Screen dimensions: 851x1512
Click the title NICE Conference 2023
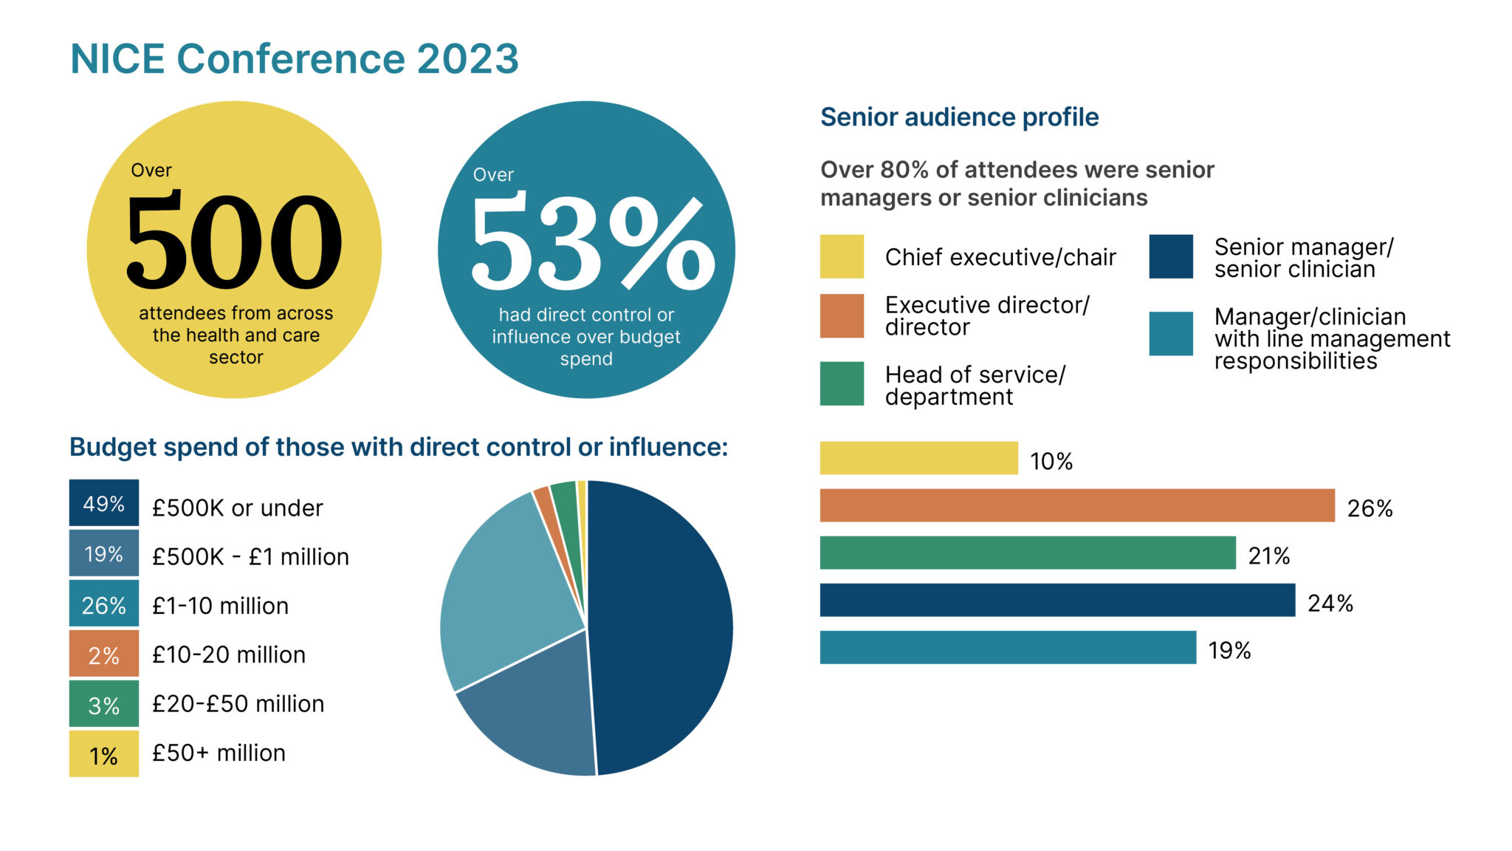(x=294, y=59)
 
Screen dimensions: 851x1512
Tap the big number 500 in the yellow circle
(x=234, y=241)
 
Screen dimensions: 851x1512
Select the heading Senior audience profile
(x=959, y=117)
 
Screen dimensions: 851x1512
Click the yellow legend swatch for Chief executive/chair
(x=842, y=256)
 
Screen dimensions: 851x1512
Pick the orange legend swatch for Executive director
(x=842, y=315)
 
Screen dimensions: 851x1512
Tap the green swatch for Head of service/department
(x=842, y=383)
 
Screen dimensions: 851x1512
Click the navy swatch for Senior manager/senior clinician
(x=1170, y=256)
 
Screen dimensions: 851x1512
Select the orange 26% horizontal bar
(x=1076, y=505)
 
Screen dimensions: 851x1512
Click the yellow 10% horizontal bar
(x=918, y=458)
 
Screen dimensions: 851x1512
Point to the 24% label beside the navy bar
(x=1330, y=604)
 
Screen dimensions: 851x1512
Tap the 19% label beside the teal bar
(x=1229, y=651)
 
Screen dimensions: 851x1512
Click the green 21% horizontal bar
(x=1027, y=553)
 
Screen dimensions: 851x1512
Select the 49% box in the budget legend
(x=104, y=503)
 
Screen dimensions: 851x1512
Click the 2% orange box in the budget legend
(x=104, y=654)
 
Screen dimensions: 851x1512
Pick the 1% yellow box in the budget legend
(x=104, y=754)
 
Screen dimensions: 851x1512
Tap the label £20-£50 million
(x=238, y=704)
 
